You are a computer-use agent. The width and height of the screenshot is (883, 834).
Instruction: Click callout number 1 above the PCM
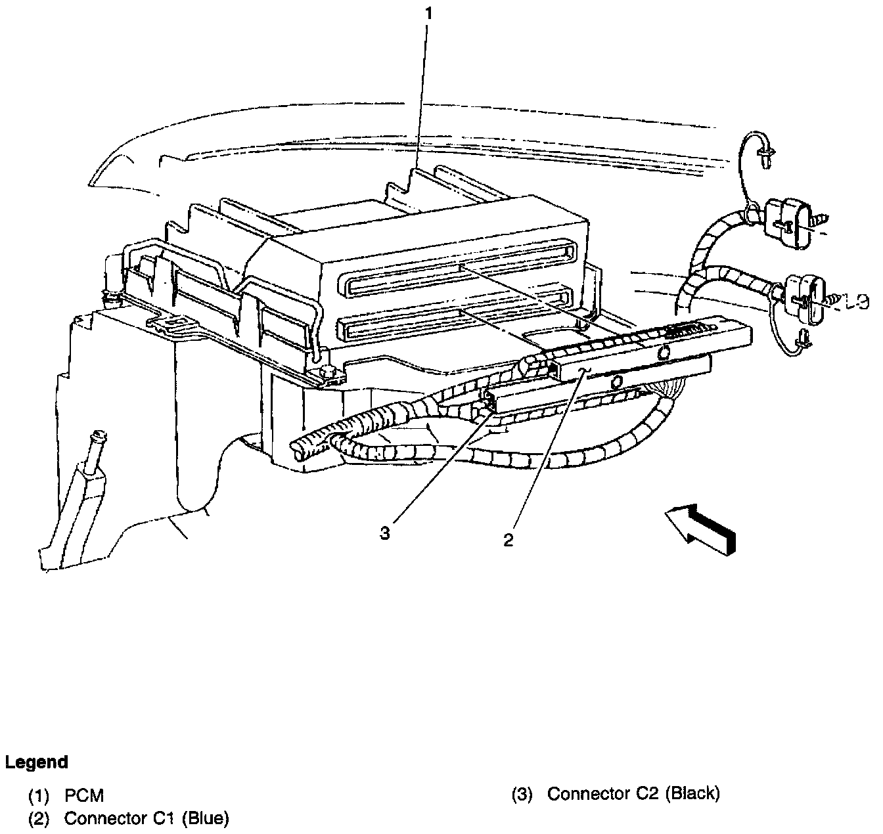pyautogui.click(x=428, y=12)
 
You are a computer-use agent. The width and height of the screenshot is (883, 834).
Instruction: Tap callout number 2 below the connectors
pyautogui.click(x=508, y=540)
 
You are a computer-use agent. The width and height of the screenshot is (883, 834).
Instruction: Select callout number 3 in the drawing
pyautogui.click(x=384, y=533)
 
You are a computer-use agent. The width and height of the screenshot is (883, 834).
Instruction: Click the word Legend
pyautogui.click(x=37, y=762)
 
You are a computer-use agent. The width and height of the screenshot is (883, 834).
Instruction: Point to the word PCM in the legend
pyautogui.click(x=84, y=795)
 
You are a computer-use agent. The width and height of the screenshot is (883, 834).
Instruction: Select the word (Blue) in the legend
pyautogui.click(x=205, y=819)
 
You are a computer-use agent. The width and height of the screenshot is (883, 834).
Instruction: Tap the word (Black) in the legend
pyautogui.click(x=692, y=794)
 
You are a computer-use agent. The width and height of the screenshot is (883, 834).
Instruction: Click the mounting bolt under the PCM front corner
pyautogui.click(x=328, y=374)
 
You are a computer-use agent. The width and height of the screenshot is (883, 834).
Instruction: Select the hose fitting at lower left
pyautogui.click(x=97, y=437)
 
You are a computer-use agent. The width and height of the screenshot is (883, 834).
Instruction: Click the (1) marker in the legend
pyautogui.click(x=39, y=795)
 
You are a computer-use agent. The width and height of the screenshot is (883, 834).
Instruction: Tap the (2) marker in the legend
pyautogui.click(x=39, y=819)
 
